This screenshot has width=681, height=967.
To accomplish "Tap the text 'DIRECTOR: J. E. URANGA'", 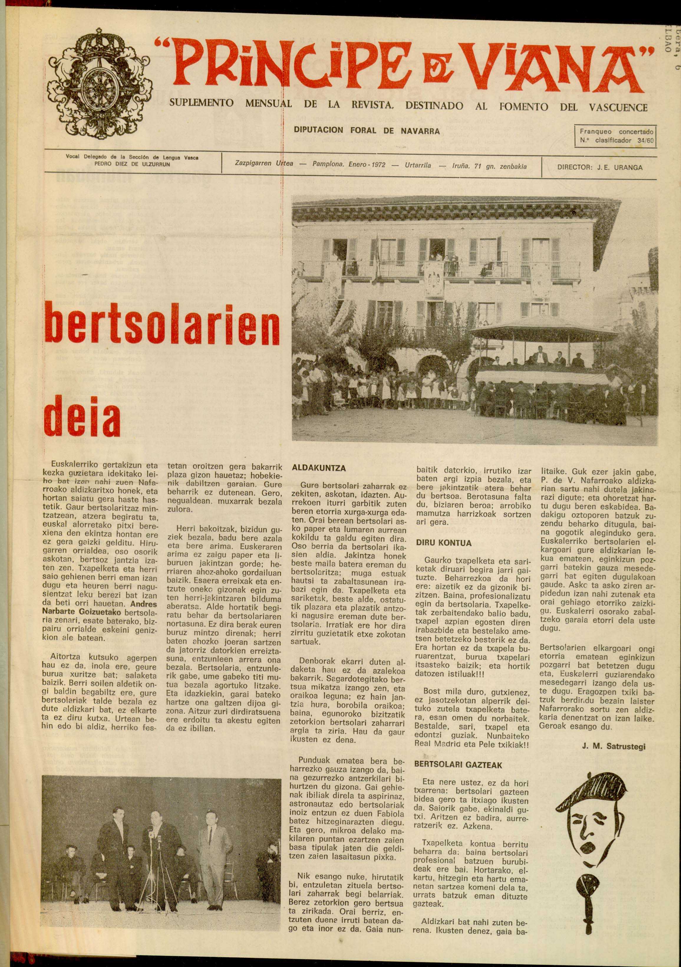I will point(600,167).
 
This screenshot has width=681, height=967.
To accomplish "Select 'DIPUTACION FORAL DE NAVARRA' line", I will point(367,131).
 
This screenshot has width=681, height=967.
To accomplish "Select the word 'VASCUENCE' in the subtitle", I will point(618,107).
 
